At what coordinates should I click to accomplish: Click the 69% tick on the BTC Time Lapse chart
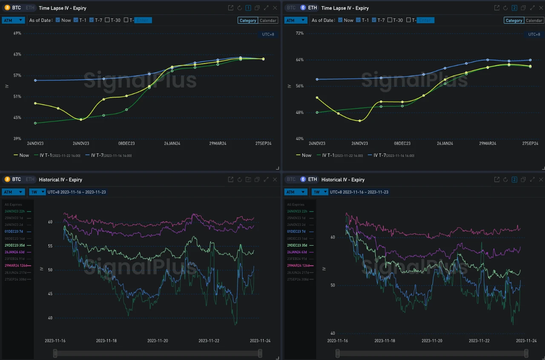tap(17, 33)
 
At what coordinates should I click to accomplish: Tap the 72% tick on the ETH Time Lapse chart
tap(300, 33)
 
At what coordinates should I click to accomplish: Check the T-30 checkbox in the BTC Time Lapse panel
tap(107, 20)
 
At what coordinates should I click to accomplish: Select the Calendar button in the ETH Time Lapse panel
tap(534, 20)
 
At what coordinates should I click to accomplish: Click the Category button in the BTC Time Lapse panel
tap(248, 20)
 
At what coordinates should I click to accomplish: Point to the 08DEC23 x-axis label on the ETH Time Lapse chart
tap(402, 143)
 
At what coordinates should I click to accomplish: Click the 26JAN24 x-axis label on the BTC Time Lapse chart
tap(172, 143)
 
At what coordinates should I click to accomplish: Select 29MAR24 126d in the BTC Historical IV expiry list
tap(17, 266)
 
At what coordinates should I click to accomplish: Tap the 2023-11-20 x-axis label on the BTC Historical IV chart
tap(158, 340)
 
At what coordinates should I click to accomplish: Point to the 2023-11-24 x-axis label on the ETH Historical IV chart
tap(526, 340)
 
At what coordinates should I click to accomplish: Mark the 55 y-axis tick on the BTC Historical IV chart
tap(50, 246)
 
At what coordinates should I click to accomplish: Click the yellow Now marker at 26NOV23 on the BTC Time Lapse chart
tap(81, 120)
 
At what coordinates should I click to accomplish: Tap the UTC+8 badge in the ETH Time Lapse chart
tap(534, 34)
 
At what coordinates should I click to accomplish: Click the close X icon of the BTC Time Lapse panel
tap(275, 8)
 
